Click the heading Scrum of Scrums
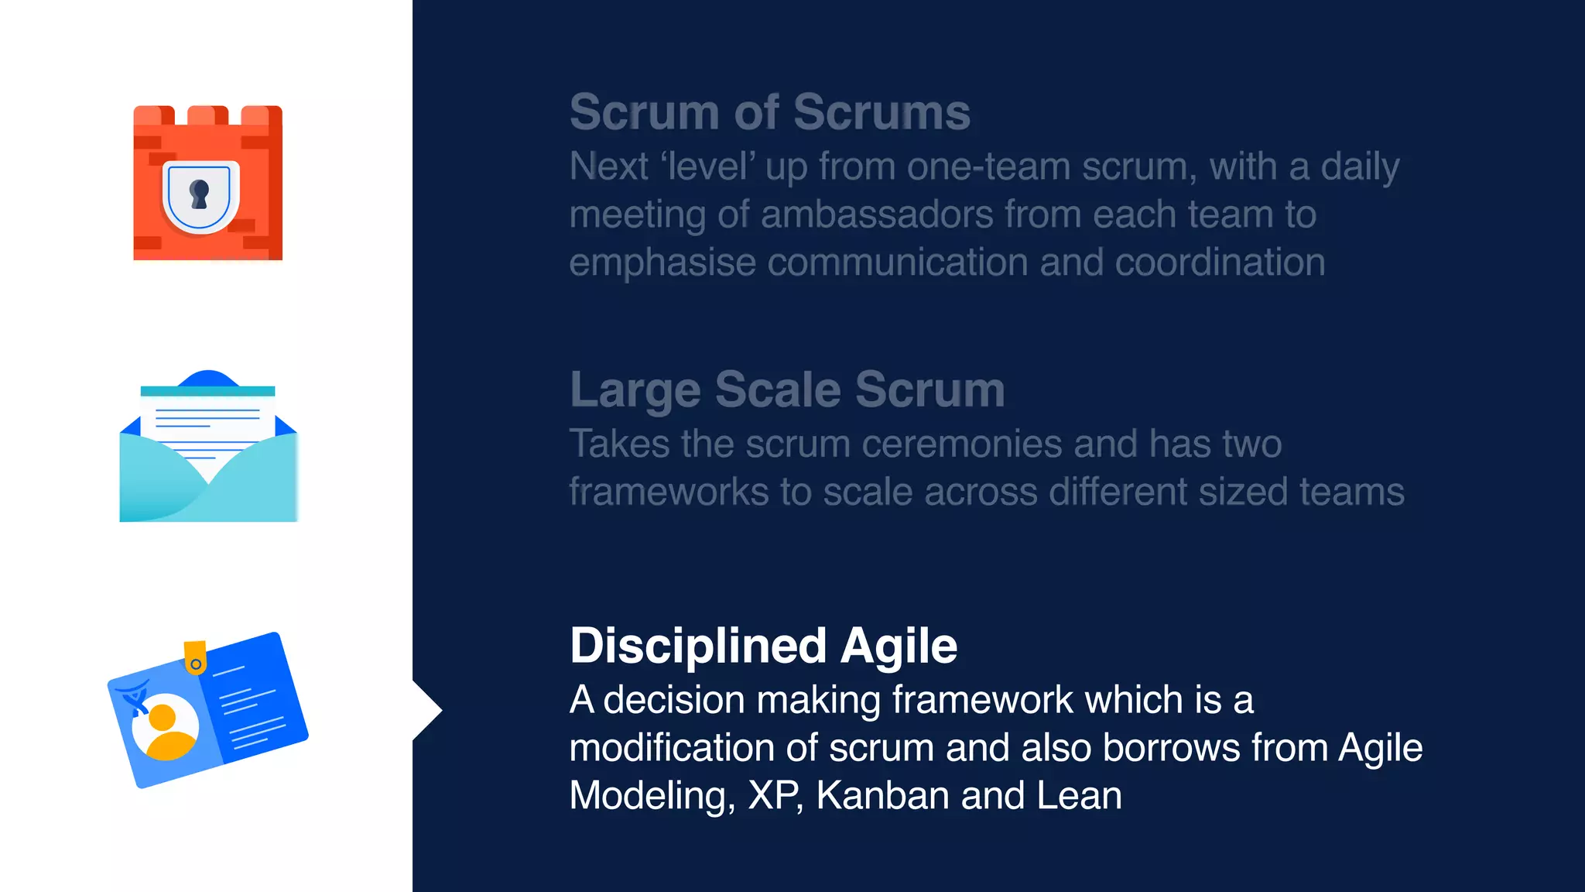[x=769, y=112]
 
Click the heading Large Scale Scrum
[x=787, y=389]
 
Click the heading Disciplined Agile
[x=763, y=646]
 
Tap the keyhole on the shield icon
[x=200, y=194]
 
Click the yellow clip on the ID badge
[x=195, y=657]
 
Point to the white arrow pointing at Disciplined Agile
[x=426, y=710]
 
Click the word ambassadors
[x=877, y=214]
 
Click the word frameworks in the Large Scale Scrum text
[x=668, y=492]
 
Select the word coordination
[x=1220, y=262]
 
